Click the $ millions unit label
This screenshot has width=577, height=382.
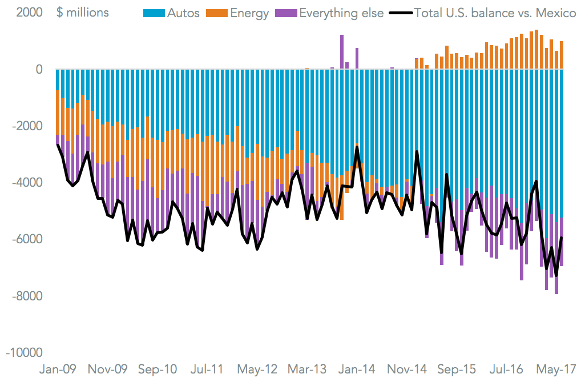pos(83,13)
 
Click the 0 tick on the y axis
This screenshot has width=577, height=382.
pos(39,70)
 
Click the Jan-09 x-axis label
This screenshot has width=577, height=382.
pos(58,368)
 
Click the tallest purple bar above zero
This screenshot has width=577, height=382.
pos(342,51)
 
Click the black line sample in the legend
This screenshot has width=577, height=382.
pos(399,13)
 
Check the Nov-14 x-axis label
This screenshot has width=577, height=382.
pos(406,368)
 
